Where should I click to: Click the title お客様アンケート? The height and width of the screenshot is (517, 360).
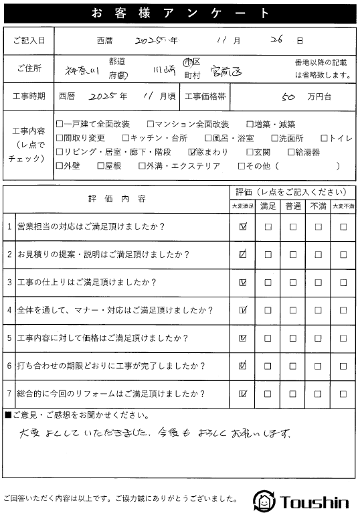click(x=179, y=13)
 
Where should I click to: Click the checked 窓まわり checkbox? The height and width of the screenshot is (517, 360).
click(x=193, y=151)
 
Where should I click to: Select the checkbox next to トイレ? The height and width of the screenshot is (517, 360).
click(x=325, y=138)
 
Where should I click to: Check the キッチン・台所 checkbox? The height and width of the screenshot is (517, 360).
click(x=125, y=138)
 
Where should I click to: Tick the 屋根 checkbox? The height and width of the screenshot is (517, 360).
click(x=100, y=165)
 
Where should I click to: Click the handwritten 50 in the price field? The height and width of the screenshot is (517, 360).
click(x=289, y=96)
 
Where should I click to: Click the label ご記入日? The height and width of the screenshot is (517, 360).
click(x=29, y=41)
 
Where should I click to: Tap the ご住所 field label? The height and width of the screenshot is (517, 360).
click(x=29, y=68)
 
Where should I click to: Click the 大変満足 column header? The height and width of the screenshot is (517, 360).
click(x=242, y=206)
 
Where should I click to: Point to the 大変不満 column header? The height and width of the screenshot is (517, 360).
click(x=343, y=206)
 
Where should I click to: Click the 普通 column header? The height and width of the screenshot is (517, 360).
click(x=292, y=206)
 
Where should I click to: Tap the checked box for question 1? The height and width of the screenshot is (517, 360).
click(x=242, y=227)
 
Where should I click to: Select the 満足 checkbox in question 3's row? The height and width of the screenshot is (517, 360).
click(x=268, y=282)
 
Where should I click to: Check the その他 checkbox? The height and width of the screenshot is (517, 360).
click(x=242, y=165)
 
